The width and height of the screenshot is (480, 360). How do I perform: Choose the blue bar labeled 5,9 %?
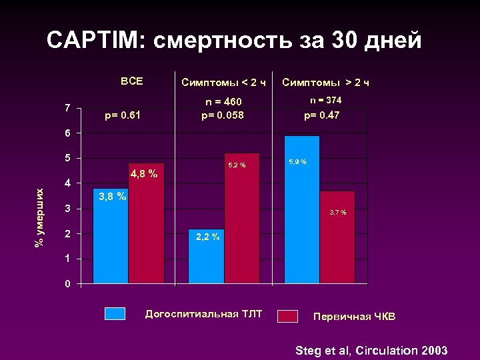pos(302,209)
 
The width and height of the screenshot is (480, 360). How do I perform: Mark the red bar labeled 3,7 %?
pos(337,237)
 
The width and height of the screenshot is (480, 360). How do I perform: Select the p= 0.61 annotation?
pos(123,115)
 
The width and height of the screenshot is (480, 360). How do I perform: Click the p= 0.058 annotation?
pos(223,115)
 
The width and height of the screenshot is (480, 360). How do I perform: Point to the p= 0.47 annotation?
pos(322,115)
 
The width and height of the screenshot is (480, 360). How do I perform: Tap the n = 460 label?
pos(223,101)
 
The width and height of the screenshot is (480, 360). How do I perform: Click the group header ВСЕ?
pos(131,81)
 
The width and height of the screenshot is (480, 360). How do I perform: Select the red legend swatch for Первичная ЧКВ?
pos(287,316)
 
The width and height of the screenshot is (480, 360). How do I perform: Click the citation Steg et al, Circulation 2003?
pos(371,351)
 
